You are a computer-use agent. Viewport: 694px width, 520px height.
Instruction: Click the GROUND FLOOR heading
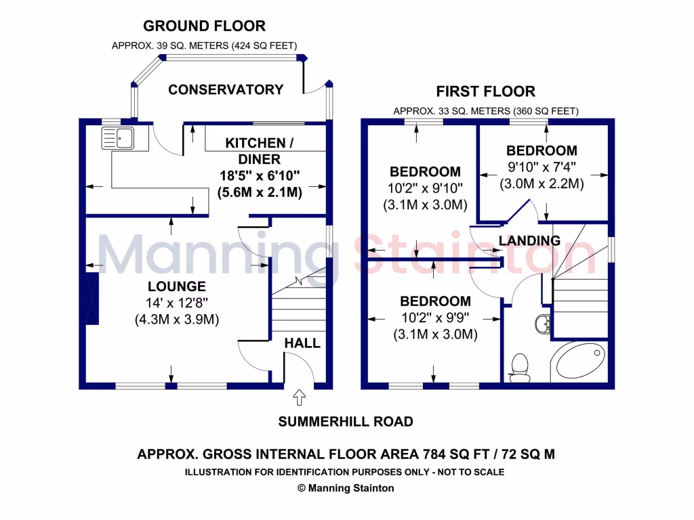[x=204, y=26]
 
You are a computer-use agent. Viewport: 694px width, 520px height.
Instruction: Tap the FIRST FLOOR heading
[x=485, y=91]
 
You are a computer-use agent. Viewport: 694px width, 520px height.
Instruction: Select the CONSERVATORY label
[x=226, y=89]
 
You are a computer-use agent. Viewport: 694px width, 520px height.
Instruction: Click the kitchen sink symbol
[x=118, y=138]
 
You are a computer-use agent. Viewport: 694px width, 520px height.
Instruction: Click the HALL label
[x=302, y=343]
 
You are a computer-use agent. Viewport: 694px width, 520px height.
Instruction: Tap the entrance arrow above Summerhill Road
[x=299, y=395]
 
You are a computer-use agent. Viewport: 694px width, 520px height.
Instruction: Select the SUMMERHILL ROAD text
[x=346, y=422]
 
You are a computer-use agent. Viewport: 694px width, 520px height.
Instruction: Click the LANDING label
[x=530, y=240]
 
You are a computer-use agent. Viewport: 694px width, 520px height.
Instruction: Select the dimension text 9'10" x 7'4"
[x=542, y=167]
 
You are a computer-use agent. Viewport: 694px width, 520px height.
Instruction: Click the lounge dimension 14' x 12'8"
[x=176, y=303]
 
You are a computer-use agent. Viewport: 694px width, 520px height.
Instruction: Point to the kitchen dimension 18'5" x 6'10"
[x=260, y=175]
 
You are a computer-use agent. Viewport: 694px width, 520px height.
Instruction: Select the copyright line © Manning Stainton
[x=346, y=487]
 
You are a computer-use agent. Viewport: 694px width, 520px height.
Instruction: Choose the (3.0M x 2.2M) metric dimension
[x=542, y=183]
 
